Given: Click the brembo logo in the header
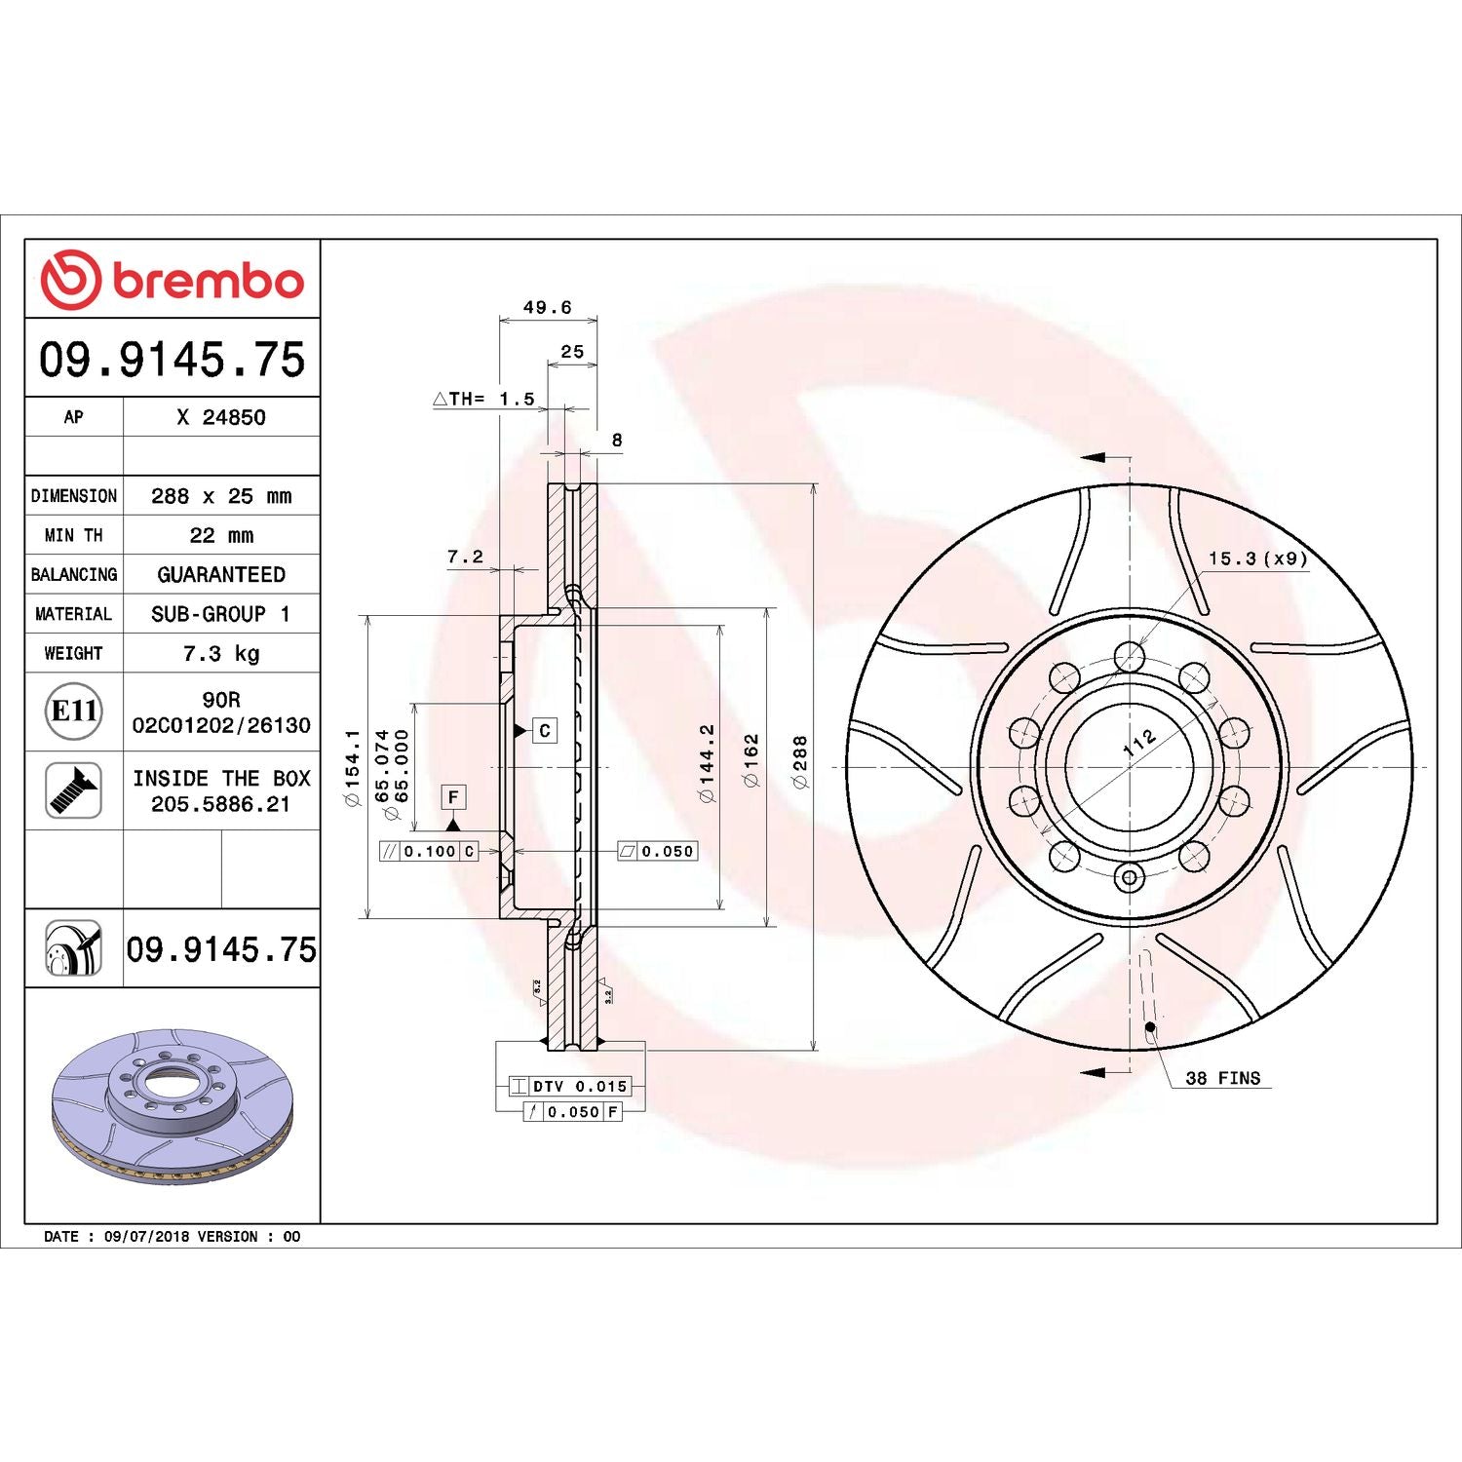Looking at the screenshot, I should (173, 280).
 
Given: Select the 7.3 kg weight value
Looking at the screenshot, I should (221, 653).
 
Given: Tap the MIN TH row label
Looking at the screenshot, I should (73, 535).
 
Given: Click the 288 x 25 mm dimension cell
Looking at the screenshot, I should (221, 496).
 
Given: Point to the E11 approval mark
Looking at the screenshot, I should (74, 711).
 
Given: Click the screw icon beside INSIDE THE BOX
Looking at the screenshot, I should (74, 790).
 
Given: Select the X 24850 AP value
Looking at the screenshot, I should (221, 417).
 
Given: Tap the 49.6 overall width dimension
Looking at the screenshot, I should (547, 308).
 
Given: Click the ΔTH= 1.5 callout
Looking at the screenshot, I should (484, 399).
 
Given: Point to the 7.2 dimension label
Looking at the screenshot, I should (465, 557).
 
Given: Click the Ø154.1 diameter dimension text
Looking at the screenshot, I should (352, 767).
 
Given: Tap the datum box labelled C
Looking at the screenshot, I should (545, 730).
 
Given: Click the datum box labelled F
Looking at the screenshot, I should (453, 797).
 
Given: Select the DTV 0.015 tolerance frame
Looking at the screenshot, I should (570, 1086).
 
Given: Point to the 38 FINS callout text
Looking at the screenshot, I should (1222, 1078).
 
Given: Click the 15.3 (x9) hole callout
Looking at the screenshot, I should (1257, 558).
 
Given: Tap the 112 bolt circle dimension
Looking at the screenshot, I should (1139, 743).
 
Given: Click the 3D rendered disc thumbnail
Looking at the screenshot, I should (173, 1106).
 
